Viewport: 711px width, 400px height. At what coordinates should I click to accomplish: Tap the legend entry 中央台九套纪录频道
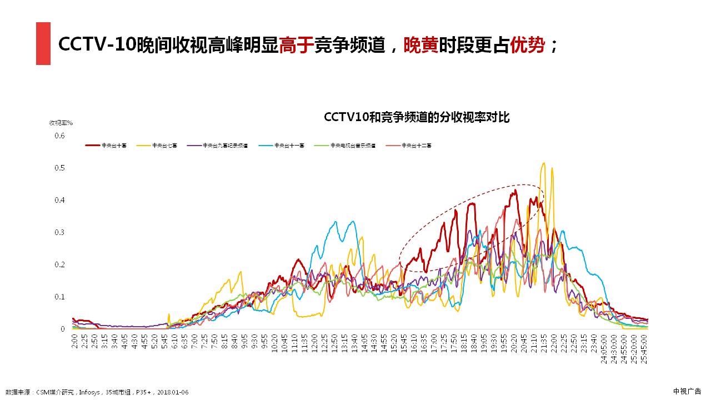coord(226,146)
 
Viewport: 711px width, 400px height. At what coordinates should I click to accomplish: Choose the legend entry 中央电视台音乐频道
coord(353,146)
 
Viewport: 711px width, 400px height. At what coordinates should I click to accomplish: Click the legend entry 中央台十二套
coord(417,146)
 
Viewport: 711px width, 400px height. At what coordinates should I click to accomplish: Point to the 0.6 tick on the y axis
coord(59,136)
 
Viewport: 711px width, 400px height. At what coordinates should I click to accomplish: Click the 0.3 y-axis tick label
coord(59,232)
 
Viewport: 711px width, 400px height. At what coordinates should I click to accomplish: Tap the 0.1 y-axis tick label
coord(59,297)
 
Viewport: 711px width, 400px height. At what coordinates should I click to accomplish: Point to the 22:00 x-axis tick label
coord(554,342)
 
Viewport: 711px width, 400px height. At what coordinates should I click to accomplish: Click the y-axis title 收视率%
coord(61,123)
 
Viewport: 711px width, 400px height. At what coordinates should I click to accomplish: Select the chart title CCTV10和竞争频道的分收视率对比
coord(416,117)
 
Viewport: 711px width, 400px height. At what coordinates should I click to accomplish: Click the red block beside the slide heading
coord(43,43)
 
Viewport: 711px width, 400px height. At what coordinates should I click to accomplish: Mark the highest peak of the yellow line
coord(543,163)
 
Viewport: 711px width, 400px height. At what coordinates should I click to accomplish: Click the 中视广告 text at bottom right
coord(687,391)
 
